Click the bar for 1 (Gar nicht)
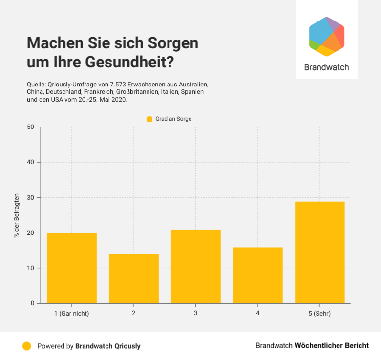72,268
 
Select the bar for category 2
134,279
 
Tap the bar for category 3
196,266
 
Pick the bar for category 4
258,275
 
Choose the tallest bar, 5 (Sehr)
320,252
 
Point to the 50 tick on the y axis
31,127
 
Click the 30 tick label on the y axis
31,198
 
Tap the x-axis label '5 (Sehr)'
320,313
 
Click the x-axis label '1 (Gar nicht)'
72,313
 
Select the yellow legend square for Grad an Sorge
150,119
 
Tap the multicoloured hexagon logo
327,37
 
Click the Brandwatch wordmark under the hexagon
327,67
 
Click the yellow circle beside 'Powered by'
27,346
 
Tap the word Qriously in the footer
126,346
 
